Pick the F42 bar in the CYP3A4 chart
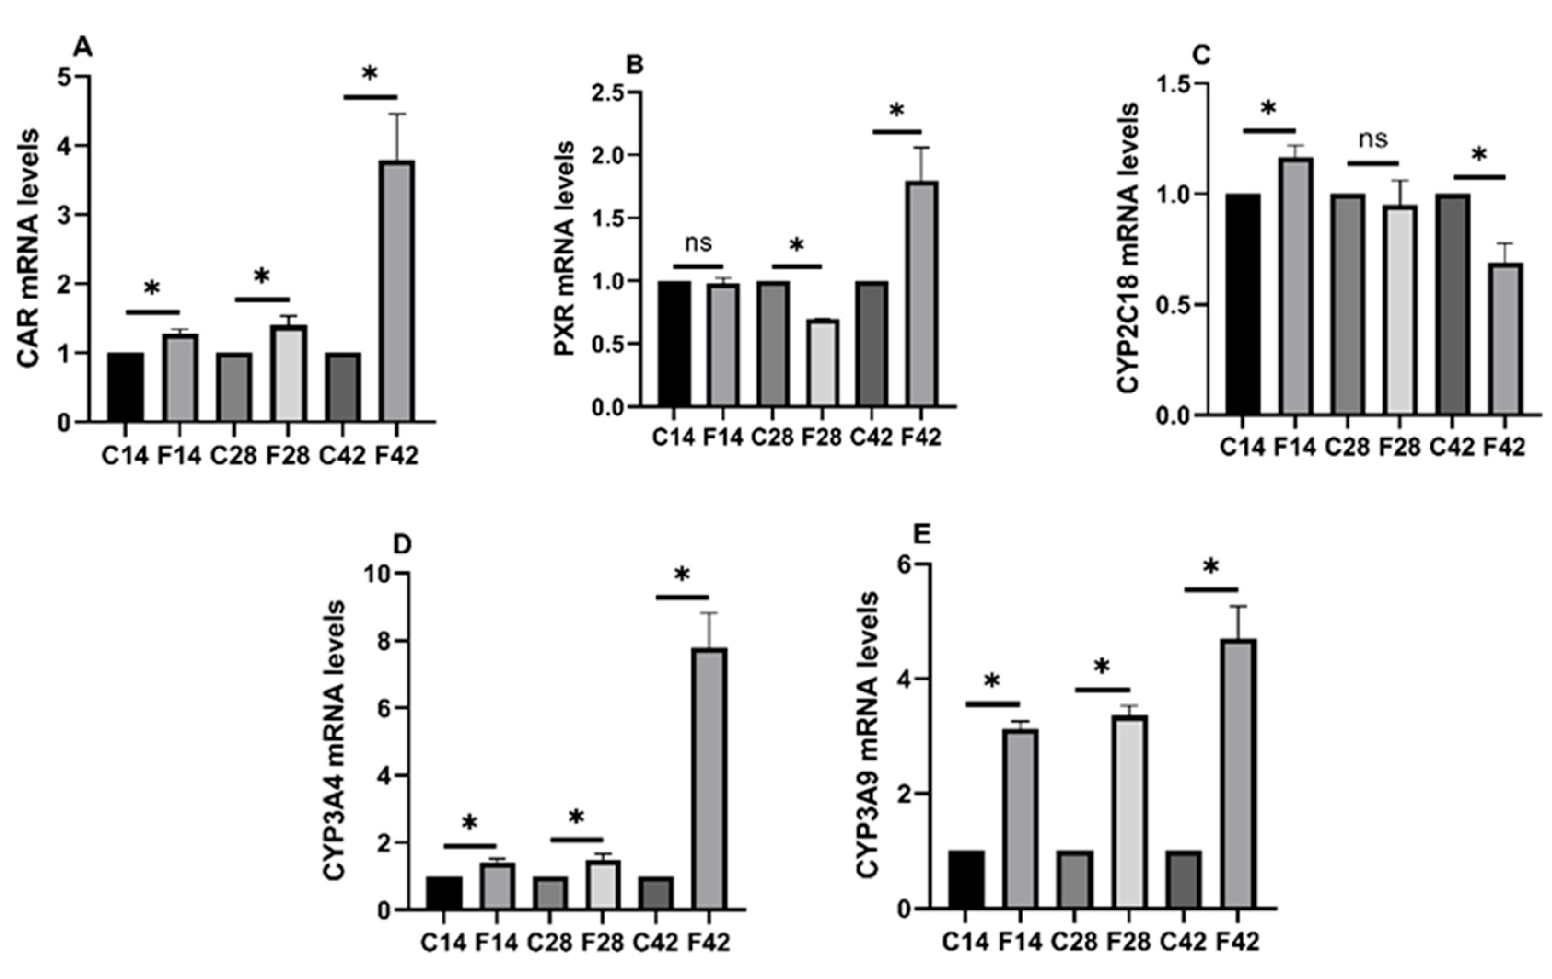[709, 779]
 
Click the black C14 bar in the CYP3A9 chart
[966, 879]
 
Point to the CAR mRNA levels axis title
[29, 248]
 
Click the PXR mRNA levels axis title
[564, 248]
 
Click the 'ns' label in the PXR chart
[698, 243]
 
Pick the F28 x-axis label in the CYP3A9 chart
[1128, 942]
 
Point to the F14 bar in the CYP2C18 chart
[1296, 286]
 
